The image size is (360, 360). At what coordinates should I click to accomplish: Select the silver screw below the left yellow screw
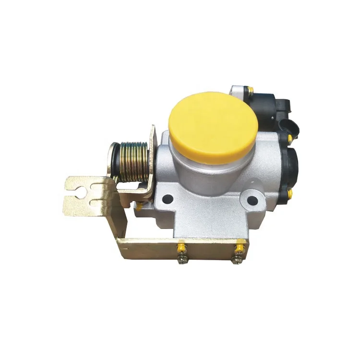(182, 260)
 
